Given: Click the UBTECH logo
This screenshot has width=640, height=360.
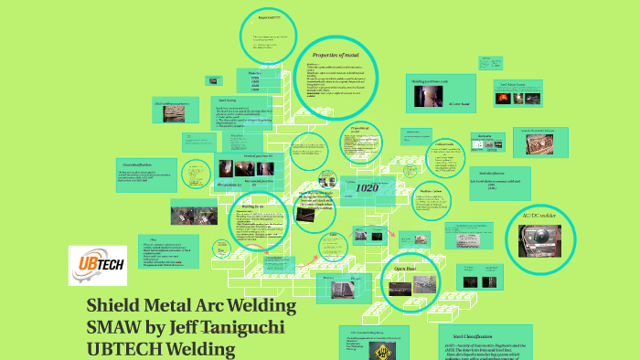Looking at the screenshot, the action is (x=97, y=265).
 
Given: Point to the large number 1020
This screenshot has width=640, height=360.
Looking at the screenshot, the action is (x=367, y=187).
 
